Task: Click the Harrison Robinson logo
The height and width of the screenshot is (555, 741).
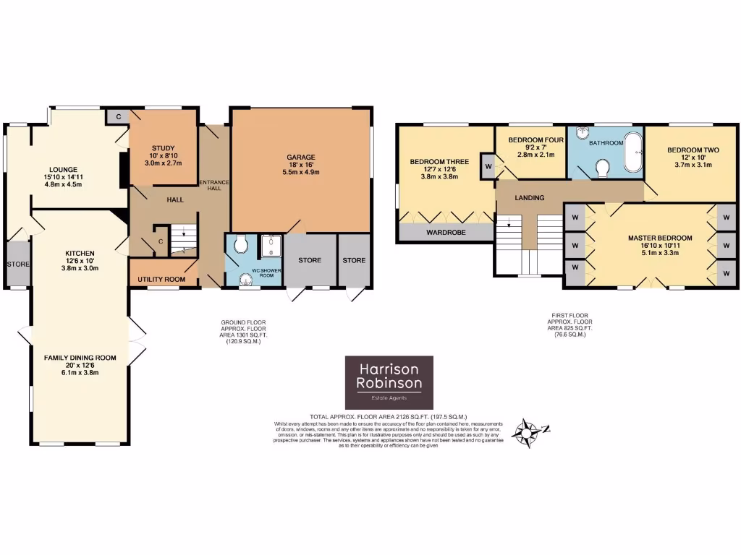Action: [389, 382]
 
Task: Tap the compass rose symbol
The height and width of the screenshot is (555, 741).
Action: [528, 431]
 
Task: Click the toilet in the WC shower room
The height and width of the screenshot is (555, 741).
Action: [240, 246]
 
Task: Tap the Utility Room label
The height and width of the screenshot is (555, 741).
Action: [162, 279]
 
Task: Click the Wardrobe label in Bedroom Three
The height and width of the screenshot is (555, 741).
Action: [444, 233]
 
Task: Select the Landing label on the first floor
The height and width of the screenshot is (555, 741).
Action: [529, 197]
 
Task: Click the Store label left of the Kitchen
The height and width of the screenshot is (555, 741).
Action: [17, 264]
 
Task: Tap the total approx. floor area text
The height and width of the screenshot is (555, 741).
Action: [389, 417]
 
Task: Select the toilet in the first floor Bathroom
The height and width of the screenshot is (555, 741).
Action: [601, 168]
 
